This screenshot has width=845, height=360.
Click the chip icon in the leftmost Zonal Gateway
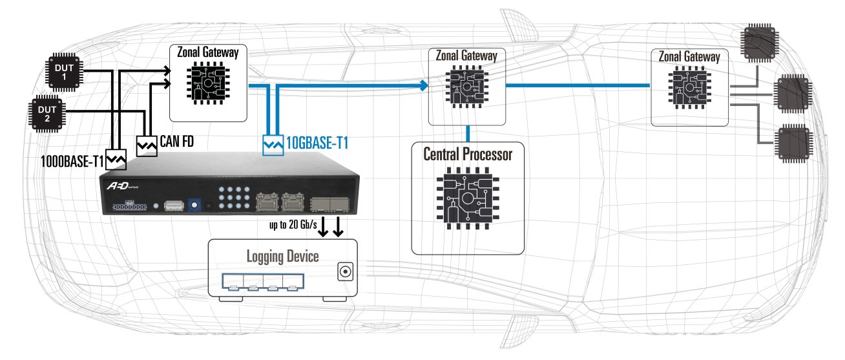click(x=208, y=84)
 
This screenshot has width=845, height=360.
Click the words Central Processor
click(x=468, y=154)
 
